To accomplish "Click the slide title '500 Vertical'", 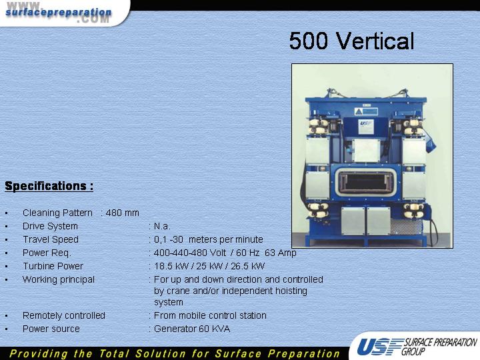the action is [351, 41].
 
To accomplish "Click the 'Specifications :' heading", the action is [49, 186].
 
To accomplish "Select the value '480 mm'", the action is [123, 213].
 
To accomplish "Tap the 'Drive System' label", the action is [50, 227].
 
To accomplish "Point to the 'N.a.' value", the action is [162, 226].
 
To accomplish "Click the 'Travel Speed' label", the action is [51, 239].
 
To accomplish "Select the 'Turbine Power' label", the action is [53, 266].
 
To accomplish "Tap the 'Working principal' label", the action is [59, 280].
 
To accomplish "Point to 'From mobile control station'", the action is [210, 315].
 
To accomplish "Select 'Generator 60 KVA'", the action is [192, 329].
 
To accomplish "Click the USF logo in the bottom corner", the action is [416, 347].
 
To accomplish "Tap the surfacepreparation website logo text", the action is [59, 13].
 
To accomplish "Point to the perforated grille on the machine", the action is [406, 227].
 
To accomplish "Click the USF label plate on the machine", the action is [366, 126].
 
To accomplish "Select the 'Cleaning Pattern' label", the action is [57, 213].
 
